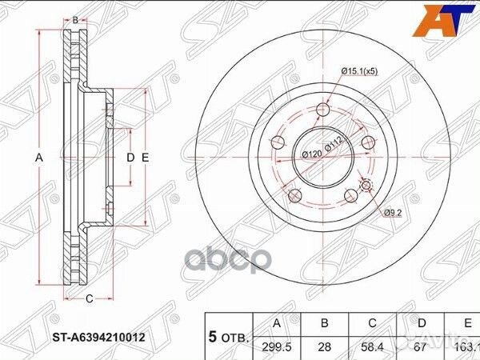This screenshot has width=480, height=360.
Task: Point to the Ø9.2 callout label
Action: click(x=392, y=212)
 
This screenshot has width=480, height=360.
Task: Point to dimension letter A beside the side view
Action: click(x=38, y=158)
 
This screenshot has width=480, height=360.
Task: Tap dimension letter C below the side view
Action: click(x=89, y=299)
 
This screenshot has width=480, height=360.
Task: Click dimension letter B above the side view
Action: click(x=75, y=19)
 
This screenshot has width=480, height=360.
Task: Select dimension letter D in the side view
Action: click(x=130, y=158)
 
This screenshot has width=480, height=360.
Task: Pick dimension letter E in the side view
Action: click(x=146, y=158)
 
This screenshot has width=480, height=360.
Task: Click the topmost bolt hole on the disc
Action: click(x=323, y=110)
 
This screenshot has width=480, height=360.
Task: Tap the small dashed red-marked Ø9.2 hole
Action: click(x=367, y=186)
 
